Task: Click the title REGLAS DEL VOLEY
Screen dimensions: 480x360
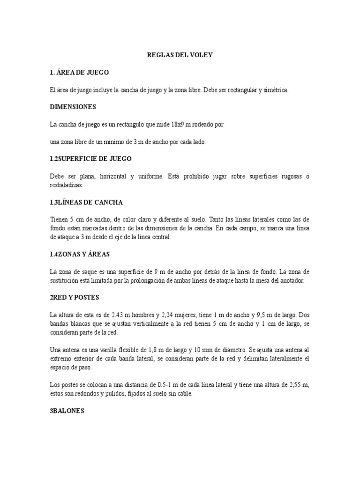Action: pyautogui.click(x=180, y=55)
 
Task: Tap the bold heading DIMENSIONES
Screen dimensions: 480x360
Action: pyautogui.click(x=73, y=106)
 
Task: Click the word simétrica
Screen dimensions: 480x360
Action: pyautogui.click(x=275, y=90)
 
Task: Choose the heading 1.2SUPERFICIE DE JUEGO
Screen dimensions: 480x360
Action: pyautogui.click(x=91, y=158)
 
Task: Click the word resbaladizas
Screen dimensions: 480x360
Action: pyautogui.click(x=66, y=185)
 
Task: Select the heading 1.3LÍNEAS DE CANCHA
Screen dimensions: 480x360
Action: pyautogui.click(x=86, y=202)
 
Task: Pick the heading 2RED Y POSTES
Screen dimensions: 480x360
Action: pyautogui.click(x=74, y=297)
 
